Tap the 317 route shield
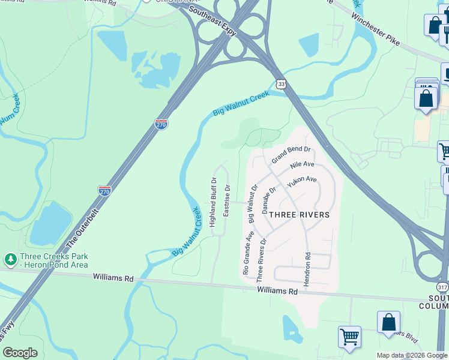coord(442,287)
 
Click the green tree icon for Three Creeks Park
coord(10,259)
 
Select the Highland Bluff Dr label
coord(212,202)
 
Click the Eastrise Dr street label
coord(227,200)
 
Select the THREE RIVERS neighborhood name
coord(299,215)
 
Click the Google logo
coord(20,353)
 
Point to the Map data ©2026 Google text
coord(412,355)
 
